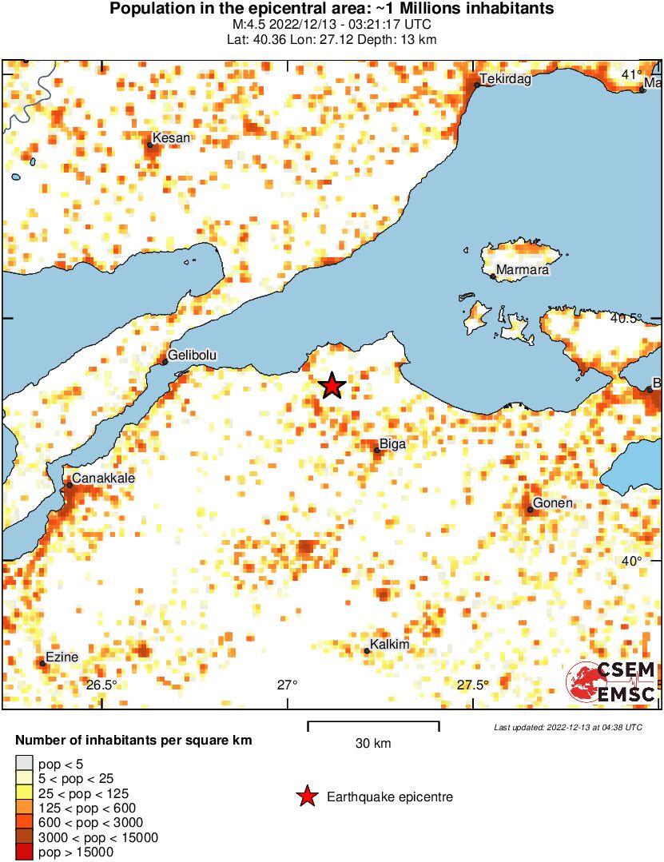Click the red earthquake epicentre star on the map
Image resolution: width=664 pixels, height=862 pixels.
coord(332,387)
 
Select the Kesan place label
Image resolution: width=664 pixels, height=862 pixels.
coord(171,138)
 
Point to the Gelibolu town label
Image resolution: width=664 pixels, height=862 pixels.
coord(193,355)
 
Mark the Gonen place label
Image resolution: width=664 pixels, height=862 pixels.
coord(552,503)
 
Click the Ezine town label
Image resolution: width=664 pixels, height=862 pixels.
coord(62,657)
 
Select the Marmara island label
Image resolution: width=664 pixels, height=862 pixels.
coord(523,270)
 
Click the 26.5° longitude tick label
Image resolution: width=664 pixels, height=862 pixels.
coord(101,685)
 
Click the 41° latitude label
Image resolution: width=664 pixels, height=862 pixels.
coord(631,74)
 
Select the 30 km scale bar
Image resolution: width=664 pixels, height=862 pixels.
coord(373,727)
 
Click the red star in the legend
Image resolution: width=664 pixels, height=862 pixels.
coord(306,796)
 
